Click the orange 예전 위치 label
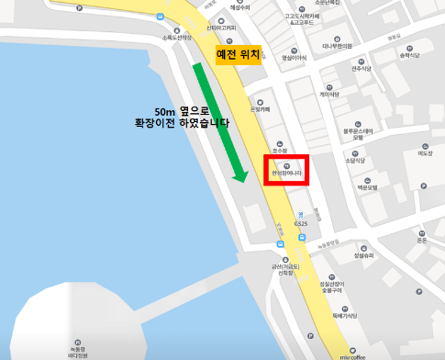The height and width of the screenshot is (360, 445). (x=239, y=54)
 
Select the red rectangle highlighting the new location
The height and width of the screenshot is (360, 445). (x=288, y=170)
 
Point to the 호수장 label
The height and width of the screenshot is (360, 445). (x=280, y=150)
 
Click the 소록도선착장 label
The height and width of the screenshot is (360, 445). (x=175, y=38)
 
